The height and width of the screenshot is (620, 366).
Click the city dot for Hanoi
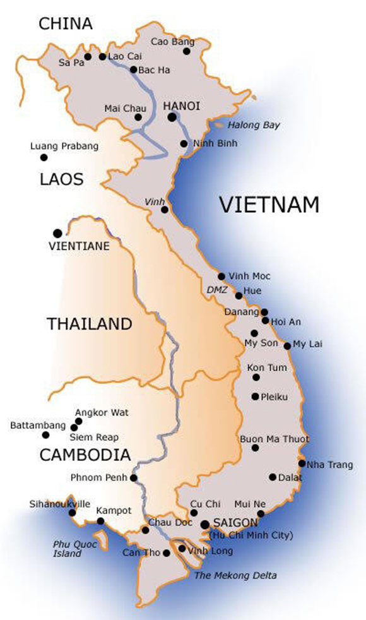[172, 116]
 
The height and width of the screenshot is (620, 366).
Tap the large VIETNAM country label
[269, 205]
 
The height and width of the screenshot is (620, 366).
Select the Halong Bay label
[253, 125]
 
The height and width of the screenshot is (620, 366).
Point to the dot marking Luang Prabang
[44, 157]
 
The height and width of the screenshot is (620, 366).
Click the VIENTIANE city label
[79, 246]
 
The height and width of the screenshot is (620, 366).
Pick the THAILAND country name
[90, 324]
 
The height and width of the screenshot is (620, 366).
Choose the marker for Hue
[239, 295]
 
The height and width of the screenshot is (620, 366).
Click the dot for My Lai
[287, 345]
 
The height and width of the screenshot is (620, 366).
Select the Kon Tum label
[267, 367]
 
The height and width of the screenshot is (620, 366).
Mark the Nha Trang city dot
[302, 463]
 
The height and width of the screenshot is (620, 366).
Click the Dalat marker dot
[273, 477]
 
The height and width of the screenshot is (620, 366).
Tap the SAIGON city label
[236, 523]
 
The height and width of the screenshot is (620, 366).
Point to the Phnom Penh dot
[134, 478]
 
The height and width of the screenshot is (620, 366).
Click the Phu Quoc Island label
[67, 549]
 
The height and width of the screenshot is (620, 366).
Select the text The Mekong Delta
[235, 575]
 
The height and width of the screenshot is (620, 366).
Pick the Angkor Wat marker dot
[79, 421]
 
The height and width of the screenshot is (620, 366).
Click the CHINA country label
[66, 24]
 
